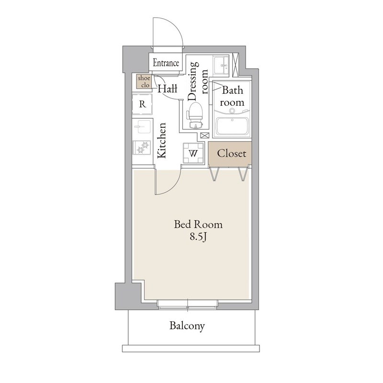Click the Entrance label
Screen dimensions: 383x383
pos(166,63)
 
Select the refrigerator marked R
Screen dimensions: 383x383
pos(143,103)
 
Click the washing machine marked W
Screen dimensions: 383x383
pos(194,154)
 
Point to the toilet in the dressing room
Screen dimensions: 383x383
pos(195,114)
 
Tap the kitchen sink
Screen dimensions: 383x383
pos(143,127)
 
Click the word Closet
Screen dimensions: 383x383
pos(231,154)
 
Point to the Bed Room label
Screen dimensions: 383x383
pos(191,224)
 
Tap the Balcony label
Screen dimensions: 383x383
pos(187,327)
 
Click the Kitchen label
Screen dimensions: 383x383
pos(162,140)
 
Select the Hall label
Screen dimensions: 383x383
pos(168,89)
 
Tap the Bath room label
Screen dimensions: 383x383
pos(232,96)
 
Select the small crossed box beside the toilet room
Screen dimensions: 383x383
pos(204,136)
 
